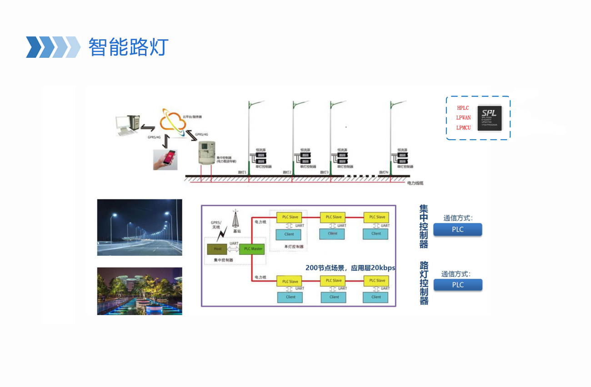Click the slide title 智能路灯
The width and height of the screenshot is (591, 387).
tap(128, 47)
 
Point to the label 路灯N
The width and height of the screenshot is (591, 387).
tap(384, 173)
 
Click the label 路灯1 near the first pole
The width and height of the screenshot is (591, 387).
tap(242, 173)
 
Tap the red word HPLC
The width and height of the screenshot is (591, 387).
tap(463, 108)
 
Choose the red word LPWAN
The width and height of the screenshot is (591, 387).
tap(463, 117)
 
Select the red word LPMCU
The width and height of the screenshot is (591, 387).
tap(463, 128)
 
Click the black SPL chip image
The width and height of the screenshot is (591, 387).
tap(489, 118)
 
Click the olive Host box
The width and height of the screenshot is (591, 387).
tap(218, 249)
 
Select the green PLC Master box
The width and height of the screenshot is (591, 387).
tap(253, 249)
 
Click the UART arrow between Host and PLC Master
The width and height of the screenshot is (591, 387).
tap(234, 249)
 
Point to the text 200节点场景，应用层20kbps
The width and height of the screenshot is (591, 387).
tap(350, 268)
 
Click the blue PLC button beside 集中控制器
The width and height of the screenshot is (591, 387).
tap(457, 229)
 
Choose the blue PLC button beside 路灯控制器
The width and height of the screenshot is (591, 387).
tap(457, 285)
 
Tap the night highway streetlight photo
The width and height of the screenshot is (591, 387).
tap(140, 227)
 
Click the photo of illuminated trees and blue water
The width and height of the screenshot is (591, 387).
tap(140, 291)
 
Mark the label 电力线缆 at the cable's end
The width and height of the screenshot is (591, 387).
tap(415, 183)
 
